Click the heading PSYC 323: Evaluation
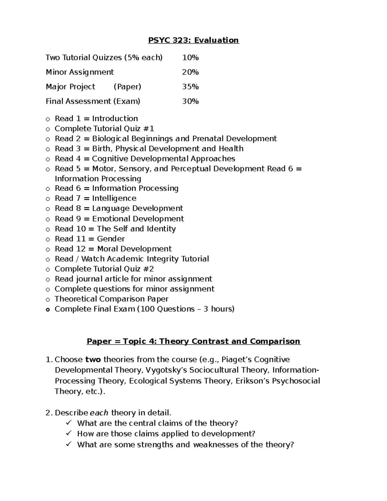193,40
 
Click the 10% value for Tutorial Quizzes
190,58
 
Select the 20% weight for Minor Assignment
190,72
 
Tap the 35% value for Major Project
190,87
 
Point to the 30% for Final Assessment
190,101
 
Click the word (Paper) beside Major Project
127,87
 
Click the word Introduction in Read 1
115,119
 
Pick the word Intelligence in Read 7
114,198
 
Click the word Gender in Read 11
111,239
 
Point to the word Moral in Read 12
108,249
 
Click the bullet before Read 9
48,219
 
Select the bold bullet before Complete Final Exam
48,310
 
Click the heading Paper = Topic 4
193,341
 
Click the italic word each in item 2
99,413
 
